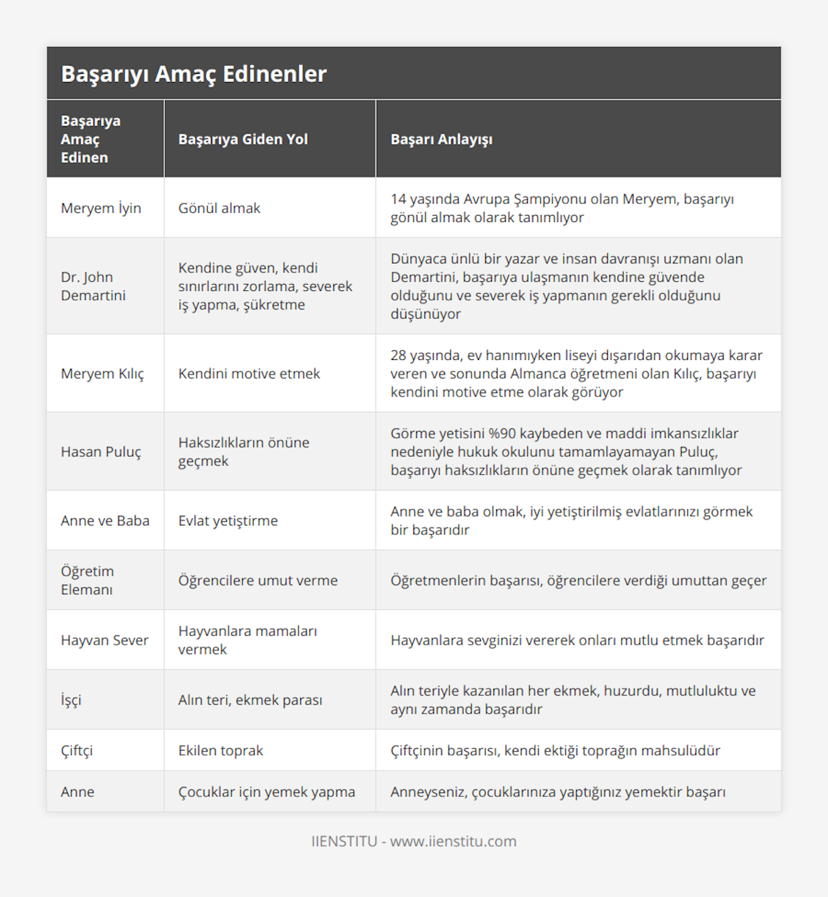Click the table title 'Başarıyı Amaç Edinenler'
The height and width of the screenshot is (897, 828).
[194, 74]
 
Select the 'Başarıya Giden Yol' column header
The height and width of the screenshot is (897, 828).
[243, 139]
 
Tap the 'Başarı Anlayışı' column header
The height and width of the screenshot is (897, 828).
[442, 139]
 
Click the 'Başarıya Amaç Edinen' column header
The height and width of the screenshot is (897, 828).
[90, 139]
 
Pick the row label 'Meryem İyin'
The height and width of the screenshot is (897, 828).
[101, 208]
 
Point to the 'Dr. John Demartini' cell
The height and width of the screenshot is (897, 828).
[93, 286]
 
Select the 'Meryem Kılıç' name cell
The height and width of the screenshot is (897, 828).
[102, 374]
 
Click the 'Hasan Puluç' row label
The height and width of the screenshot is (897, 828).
[101, 452]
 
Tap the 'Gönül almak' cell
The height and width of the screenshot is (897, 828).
[219, 208]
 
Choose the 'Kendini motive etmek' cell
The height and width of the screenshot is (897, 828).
[249, 374]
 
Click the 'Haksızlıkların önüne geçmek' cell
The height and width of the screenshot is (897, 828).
[244, 452]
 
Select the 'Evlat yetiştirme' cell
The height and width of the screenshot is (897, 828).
[228, 521]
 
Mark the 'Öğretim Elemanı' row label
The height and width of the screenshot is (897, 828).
[87, 581]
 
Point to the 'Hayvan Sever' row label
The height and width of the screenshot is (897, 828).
[104, 641]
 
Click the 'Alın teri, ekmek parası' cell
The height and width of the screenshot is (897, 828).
[250, 700]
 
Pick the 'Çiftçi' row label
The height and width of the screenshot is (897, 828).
[77, 750]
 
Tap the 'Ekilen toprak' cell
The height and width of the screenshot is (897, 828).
[221, 750]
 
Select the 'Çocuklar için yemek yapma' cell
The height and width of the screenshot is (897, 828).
[266, 792]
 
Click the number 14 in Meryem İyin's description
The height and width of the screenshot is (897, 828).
[398, 199]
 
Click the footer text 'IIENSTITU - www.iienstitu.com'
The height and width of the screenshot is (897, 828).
[414, 841]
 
